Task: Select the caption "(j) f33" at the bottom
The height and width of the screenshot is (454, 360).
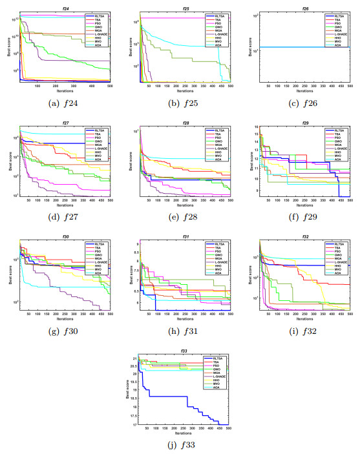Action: pyautogui.click(x=180, y=445)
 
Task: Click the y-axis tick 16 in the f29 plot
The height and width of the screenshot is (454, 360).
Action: pyautogui.click(x=253, y=127)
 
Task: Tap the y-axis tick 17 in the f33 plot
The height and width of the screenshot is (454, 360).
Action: pyautogui.click(x=133, y=424)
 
